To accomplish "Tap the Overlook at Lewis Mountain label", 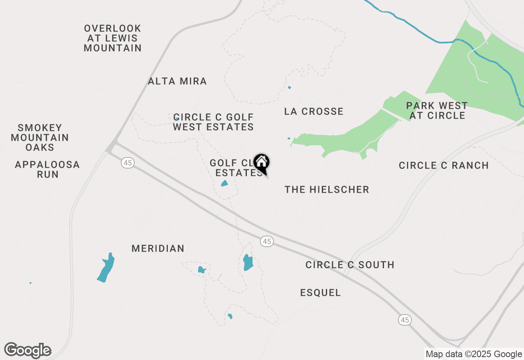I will [x=113, y=38].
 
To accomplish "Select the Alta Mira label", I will [x=177, y=81].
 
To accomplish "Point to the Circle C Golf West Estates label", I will [x=213, y=122].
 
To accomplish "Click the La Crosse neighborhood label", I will [x=314, y=111].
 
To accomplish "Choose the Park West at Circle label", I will [x=437, y=110].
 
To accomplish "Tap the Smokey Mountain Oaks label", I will [x=40, y=137].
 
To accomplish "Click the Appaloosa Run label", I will [x=47, y=169].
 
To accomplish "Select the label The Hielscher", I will [x=327, y=189].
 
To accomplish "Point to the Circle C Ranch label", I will [x=444, y=165].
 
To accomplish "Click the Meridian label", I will [x=158, y=248].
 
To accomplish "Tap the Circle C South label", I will [x=350, y=265].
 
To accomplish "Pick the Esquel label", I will [x=321, y=292].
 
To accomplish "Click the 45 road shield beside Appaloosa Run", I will [x=128, y=163].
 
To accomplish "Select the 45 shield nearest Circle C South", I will [x=267, y=242].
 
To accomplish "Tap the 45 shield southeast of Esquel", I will [x=405, y=320].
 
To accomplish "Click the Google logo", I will [x=28, y=351].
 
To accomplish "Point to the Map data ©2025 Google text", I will [x=474, y=354].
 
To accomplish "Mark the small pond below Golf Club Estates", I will [x=224, y=183].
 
